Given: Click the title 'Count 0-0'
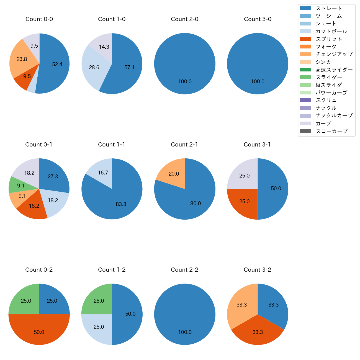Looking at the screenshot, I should coord(39,19).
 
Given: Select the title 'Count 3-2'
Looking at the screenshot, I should coord(257,270).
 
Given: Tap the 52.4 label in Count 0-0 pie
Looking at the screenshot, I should coord(57,64).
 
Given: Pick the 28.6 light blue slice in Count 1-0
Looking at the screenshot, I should coord(94,67).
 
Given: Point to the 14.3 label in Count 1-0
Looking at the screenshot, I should coord(104,47).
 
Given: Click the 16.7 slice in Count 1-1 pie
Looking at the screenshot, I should coord(103,173).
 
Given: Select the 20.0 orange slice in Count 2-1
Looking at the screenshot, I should coord(174,174).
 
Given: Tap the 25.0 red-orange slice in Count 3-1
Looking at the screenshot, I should coord(244,201).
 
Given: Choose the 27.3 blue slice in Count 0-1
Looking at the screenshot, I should coord(53,176).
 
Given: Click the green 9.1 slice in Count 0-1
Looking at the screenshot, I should coord(20,186).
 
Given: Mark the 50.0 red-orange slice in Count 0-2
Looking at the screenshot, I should coord(39,332).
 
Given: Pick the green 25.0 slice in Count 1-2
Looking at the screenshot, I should coord(99,301).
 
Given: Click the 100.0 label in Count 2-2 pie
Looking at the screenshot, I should coord(185,332).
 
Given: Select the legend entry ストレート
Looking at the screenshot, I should coord(329,8).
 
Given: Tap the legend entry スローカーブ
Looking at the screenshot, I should coord(331,131).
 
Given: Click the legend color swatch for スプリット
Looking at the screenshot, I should coord(305,39).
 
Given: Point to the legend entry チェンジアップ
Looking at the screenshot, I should coord(334,54).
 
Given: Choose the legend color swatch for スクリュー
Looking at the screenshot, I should coord(305,100).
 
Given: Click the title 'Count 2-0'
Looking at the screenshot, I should coord(184,19).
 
